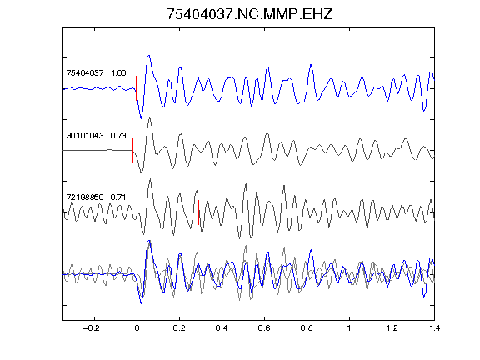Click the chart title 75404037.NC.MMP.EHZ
(249, 14)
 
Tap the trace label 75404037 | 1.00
(96, 73)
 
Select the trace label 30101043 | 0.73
(96, 135)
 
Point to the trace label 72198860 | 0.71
(96, 197)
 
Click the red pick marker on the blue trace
(137, 88)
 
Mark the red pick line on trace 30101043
(132, 151)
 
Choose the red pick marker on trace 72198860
(198, 212)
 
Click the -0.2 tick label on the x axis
(92, 328)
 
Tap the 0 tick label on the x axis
(137, 328)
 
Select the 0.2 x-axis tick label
(179, 328)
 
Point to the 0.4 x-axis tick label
(222, 328)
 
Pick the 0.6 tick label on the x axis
(264, 328)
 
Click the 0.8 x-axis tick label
(307, 328)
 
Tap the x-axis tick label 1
(349, 328)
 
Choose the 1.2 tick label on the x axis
(392, 328)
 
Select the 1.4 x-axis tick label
(434, 328)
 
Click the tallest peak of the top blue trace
(149, 56)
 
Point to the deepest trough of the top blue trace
(141, 118)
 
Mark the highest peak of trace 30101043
(149, 117)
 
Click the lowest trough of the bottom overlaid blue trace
(141, 303)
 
